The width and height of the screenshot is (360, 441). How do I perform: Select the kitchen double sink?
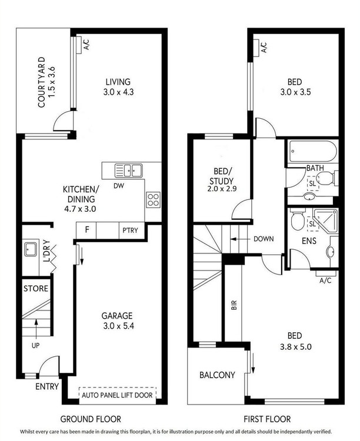pos(128,171)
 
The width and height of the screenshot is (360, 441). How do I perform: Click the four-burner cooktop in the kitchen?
pos(153,199)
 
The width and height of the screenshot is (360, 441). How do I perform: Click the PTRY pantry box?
pos(129,230)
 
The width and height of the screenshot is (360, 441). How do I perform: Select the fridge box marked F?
pos(87,230)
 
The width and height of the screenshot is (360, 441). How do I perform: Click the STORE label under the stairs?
pos(35,289)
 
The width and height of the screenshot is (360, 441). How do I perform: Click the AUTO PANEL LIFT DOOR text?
pos(117,395)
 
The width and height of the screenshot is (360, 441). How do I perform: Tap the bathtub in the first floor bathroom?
pos(312,153)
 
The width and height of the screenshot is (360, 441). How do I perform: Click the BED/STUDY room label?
pos(224,176)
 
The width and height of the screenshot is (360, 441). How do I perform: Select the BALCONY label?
pos(217,375)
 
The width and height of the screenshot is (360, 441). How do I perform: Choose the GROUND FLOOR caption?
pos(91,419)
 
